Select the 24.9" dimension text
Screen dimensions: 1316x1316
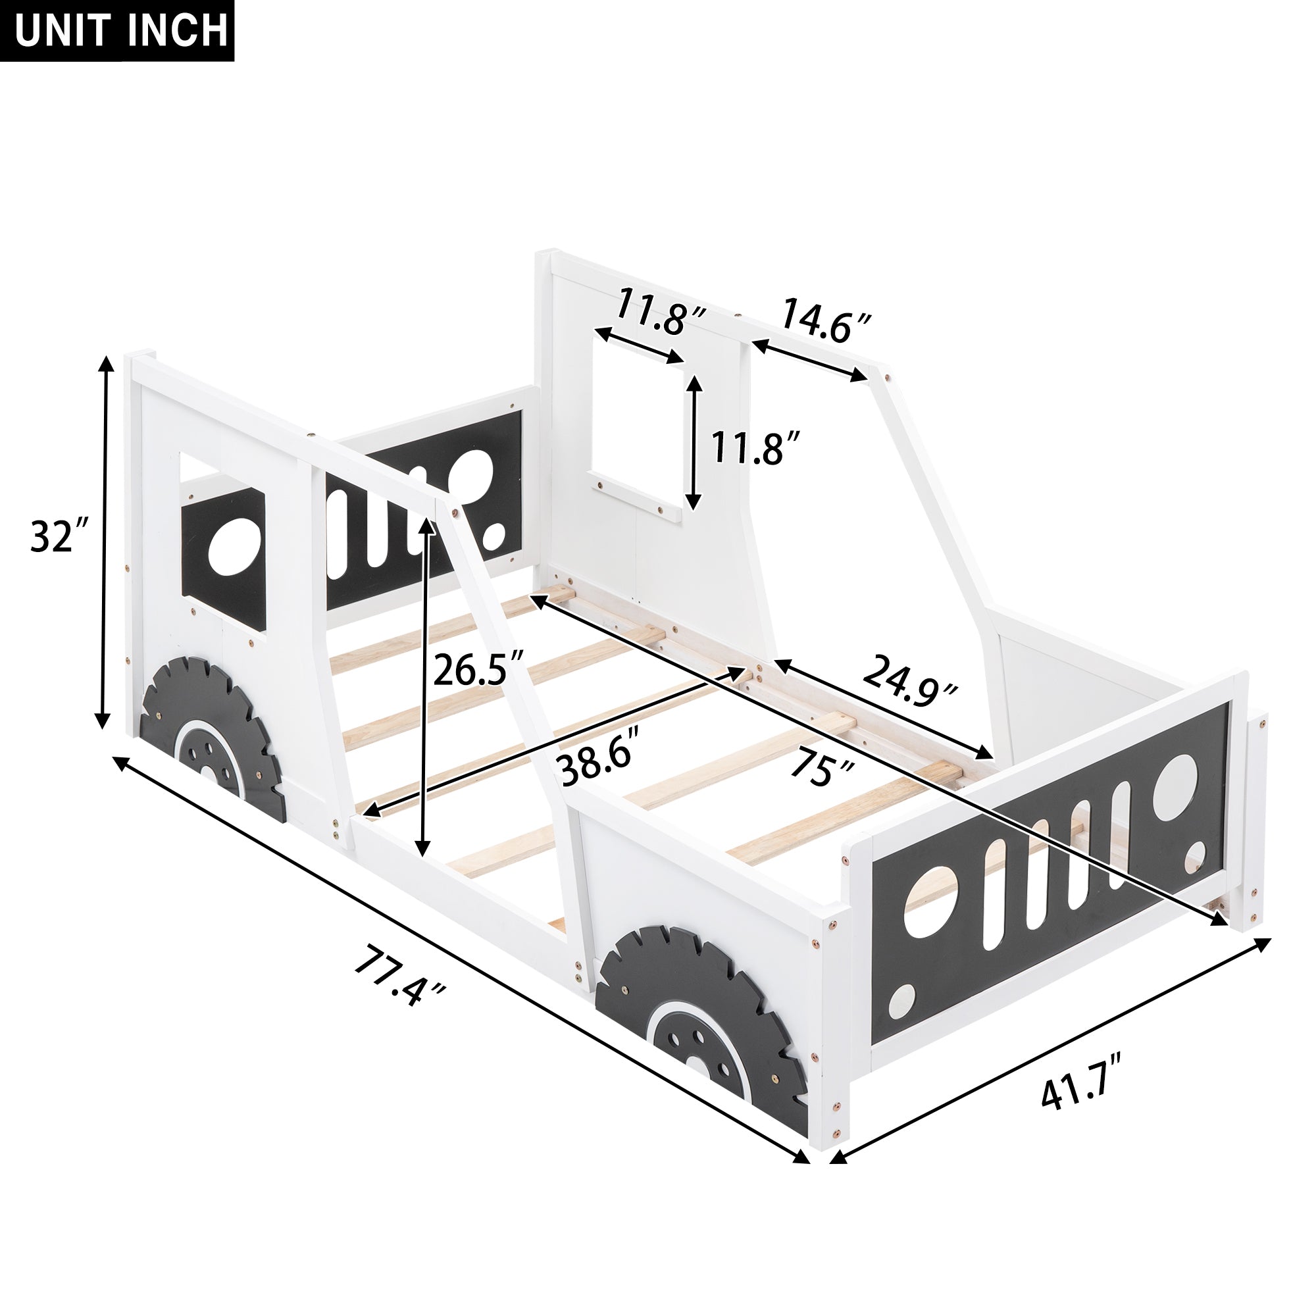pyautogui.click(x=909, y=682)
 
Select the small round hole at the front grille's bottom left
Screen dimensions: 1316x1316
pyautogui.click(x=901, y=1002)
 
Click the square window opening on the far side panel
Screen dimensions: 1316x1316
pyautogui.click(x=637, y=422)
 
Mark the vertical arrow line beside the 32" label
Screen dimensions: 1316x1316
pyautogui.click(x=103, y=542)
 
